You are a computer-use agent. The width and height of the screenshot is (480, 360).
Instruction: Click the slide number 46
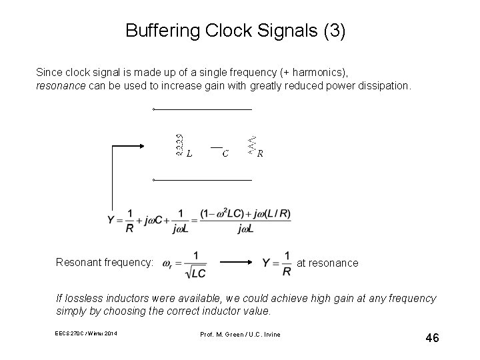[x=432, y=339]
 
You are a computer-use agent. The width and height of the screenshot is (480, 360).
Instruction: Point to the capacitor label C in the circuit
[x=225, y=154]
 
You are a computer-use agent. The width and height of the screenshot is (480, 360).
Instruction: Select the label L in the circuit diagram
[x=190, y=154]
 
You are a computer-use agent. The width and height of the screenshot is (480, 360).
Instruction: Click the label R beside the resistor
[x=260, y=154]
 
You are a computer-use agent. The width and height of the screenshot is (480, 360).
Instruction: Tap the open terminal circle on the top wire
[x=153, y=109]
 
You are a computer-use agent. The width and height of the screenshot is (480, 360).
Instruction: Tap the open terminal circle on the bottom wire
[x=153, y=180]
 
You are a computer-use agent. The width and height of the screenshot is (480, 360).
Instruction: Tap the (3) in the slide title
[x=333, y=31]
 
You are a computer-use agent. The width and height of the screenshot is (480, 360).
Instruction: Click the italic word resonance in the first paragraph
[x=60, y=87]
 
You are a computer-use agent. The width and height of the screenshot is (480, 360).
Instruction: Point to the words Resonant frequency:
[x=105, y=263]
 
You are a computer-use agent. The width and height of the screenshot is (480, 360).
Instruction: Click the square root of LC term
[x=195, y=272]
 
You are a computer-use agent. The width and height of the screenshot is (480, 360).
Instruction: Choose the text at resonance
[x=327, y=263]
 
